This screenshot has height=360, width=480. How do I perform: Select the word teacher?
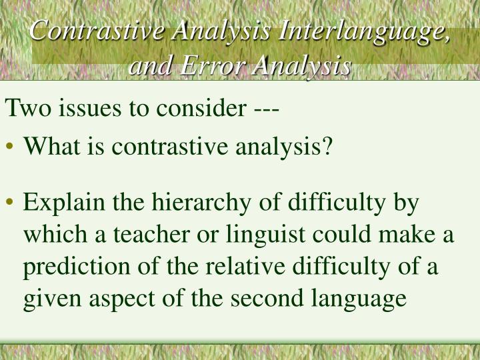coord(170,235)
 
